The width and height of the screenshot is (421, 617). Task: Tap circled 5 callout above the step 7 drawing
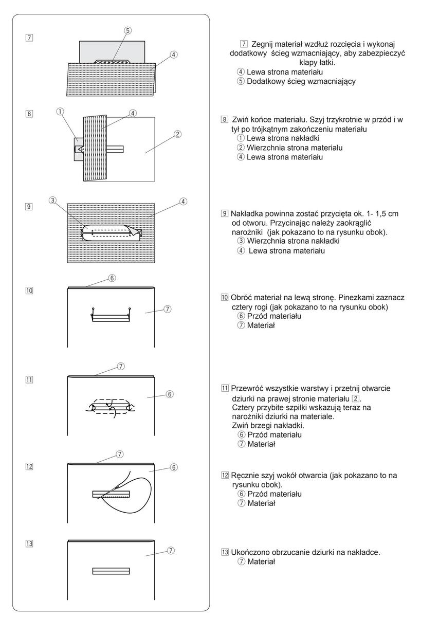[127, 30]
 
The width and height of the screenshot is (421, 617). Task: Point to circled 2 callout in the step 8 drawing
[176, 135]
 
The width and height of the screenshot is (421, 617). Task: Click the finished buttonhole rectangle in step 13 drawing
[111, 571]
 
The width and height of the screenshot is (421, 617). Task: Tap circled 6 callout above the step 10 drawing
[112, 278]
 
